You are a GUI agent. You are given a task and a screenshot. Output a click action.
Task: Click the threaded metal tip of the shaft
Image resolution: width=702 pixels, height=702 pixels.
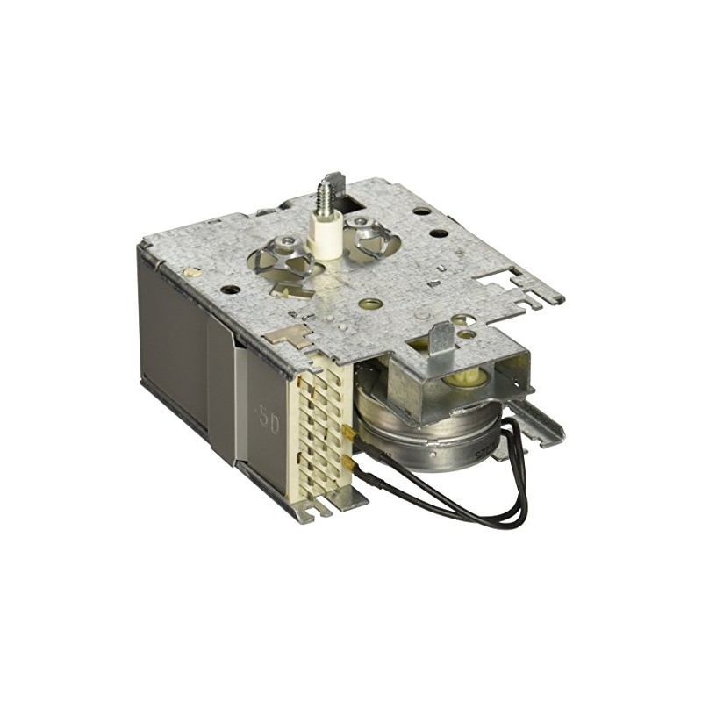(333, 189)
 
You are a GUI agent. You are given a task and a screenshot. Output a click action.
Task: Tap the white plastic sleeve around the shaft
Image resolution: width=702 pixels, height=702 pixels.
(327, 234)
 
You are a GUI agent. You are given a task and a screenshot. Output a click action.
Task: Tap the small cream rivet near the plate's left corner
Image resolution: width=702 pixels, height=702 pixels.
(188, 272)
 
